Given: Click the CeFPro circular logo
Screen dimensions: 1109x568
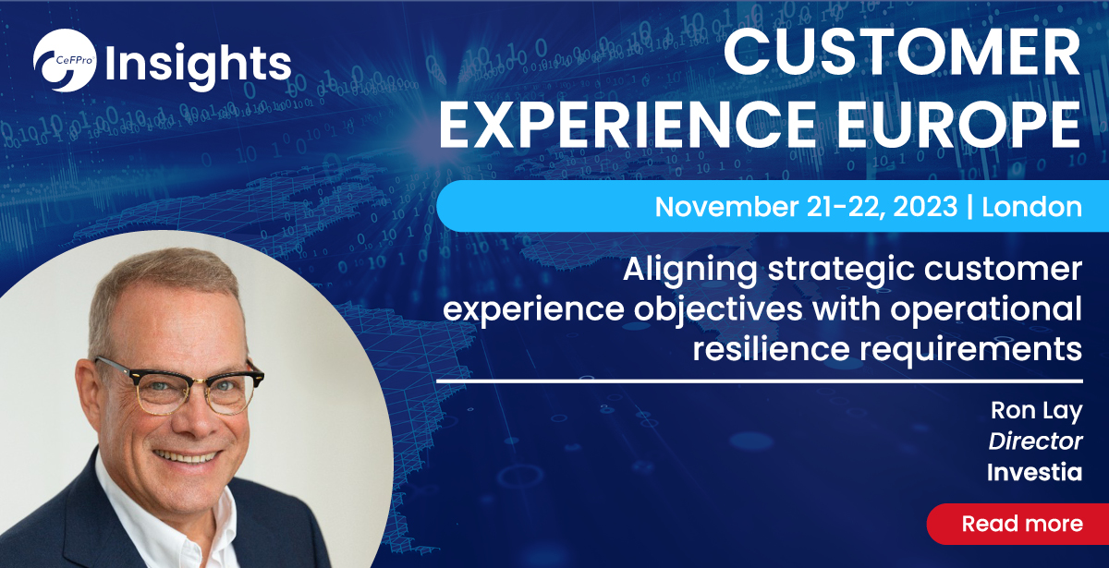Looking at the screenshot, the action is click(x=65, y=60).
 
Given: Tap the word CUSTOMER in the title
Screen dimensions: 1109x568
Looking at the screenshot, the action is click(x=902, y=52).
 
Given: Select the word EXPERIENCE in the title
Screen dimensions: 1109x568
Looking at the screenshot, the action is click(x=628, y=124).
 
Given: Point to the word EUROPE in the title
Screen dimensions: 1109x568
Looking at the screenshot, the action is click(x=959, y=124).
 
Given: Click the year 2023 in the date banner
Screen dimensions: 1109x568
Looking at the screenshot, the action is click(x=925, y=206).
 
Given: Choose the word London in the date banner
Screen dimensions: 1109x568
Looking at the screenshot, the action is click(x=1031, y=206).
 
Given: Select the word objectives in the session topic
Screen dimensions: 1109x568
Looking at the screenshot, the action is click(x=718, y=310).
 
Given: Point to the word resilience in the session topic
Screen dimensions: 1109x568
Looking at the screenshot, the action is click(x=771, y=348).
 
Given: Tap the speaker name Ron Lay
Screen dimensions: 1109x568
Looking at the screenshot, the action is click(x=1036, y=411).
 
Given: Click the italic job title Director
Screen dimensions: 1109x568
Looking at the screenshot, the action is click(x=1035, y=441).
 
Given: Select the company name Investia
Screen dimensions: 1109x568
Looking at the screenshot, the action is click(x=1034, y=472).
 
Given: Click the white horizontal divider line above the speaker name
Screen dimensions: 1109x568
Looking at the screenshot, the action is click(x=760, y=381).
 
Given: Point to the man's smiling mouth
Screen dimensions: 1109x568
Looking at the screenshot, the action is click(x=186, y=456).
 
